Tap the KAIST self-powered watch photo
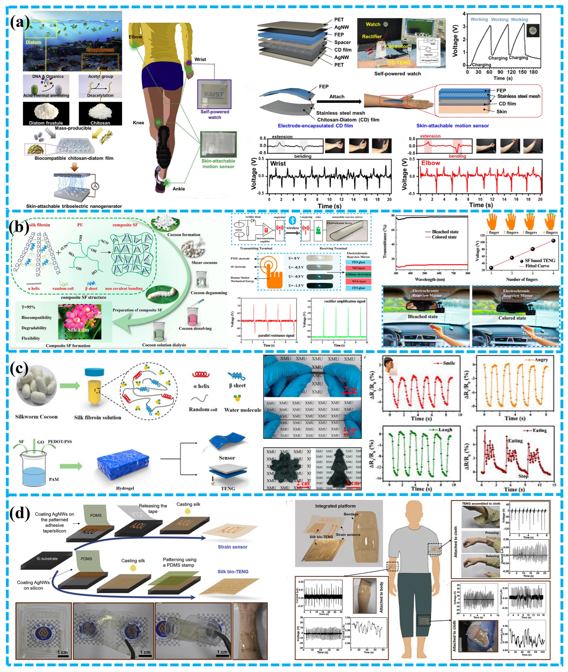pyautogui.click(x=214, y=94)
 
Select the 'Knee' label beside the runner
pyautogui.click(x=139, y=123)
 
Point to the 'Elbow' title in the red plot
pyautogui.click(x=430, y=163)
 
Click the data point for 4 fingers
pyautogui.click(x=553, y=241)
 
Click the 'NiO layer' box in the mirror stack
pyautogui.click(x=358, y=268)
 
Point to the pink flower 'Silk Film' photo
pyautogui.click(x=80, y=322)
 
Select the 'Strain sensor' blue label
pyautogui.click(x=232, y=547)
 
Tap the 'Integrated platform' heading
pyautogui.click(x=335, y=506)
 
